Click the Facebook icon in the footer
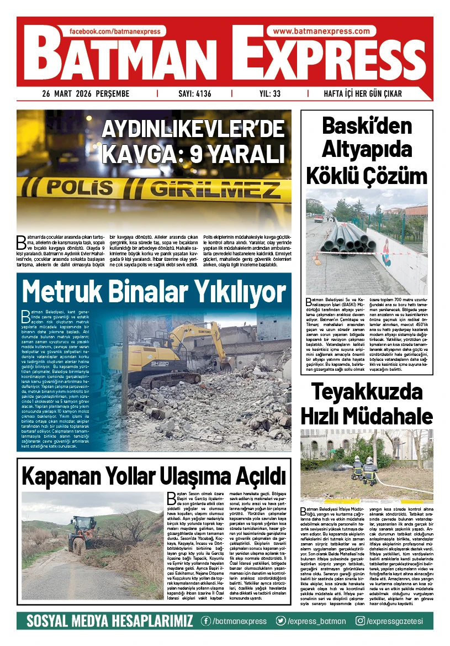[207, 621]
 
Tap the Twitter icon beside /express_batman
[282, 621]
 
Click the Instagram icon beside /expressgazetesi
[360, 621]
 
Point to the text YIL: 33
[269, 94]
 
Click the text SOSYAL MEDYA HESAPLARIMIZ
[110, 621]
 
